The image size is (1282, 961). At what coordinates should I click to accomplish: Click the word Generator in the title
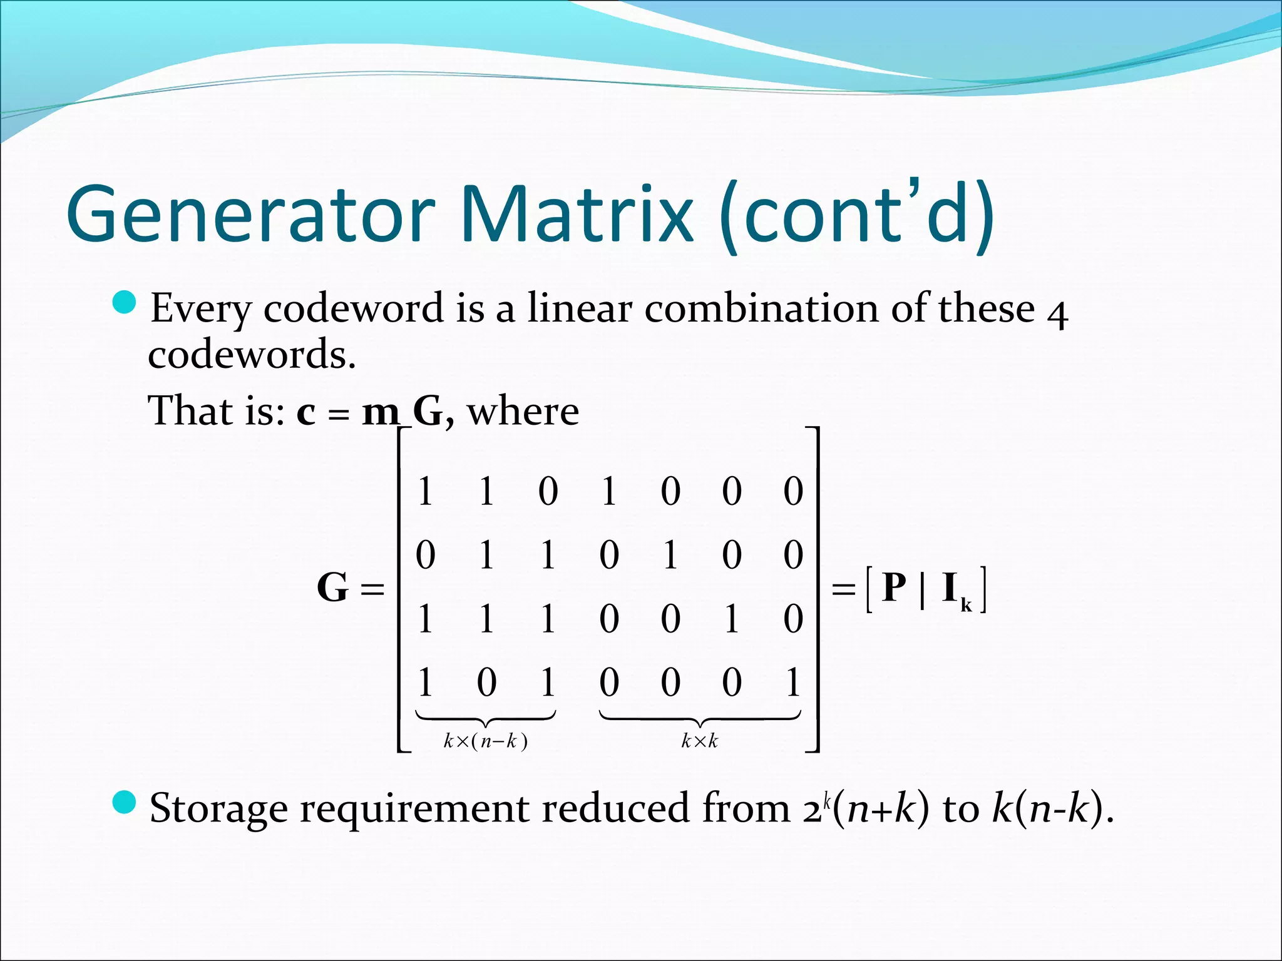(x=250, y=214)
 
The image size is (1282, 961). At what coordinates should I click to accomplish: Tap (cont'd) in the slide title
(x=856, y=214)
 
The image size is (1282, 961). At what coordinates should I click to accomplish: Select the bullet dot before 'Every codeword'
(x=125, y=302)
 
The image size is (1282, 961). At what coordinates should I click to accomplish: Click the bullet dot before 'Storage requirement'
(x=125, y=801)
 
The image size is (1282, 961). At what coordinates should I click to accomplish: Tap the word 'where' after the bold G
(x=523, y=412)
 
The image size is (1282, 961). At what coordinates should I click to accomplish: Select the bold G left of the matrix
(x=332, y=587)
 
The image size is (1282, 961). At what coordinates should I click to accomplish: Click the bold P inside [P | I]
(x=893, y=587)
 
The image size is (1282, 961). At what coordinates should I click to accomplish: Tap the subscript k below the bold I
(x=967, y=605)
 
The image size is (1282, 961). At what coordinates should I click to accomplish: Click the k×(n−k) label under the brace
(x=485, y=741)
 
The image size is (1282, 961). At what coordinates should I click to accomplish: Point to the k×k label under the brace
(x=699, y=741)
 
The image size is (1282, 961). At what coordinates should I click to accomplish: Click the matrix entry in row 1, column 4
(x=609, y=491)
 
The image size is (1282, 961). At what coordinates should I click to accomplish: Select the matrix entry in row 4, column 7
(x=793, y=682)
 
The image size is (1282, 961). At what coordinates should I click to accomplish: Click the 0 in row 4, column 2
(x=486, y=682)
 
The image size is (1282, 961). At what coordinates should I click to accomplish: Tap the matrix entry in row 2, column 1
(x=425, y=555)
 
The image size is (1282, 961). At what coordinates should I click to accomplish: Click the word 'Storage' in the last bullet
(x=218, y=808)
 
